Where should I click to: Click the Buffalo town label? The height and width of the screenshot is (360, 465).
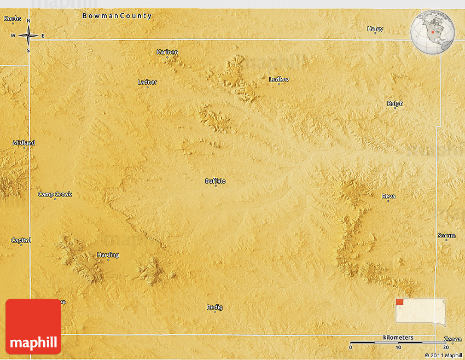215,181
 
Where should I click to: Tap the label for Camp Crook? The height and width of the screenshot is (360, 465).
55,194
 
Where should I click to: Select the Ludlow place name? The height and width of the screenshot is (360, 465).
279,79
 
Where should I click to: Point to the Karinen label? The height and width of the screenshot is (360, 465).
167,52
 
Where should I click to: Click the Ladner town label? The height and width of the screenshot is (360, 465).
147,82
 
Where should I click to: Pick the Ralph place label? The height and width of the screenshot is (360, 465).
395,103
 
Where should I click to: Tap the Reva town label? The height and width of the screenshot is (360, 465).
388,196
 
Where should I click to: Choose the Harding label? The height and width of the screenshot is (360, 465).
108,255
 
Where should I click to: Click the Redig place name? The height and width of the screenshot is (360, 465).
214,307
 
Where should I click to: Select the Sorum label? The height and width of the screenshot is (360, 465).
446,236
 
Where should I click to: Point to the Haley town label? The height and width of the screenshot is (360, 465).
375,29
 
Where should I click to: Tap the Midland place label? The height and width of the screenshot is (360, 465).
24,143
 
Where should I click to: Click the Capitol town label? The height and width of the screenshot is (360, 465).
21,240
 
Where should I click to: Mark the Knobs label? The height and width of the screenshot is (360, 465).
12,19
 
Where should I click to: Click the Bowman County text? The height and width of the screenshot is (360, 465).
117,16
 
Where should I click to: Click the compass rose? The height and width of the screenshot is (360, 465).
28,36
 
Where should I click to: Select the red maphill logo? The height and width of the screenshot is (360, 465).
33,327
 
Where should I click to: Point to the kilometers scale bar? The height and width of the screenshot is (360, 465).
398,342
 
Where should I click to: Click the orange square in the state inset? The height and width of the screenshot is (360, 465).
399,301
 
